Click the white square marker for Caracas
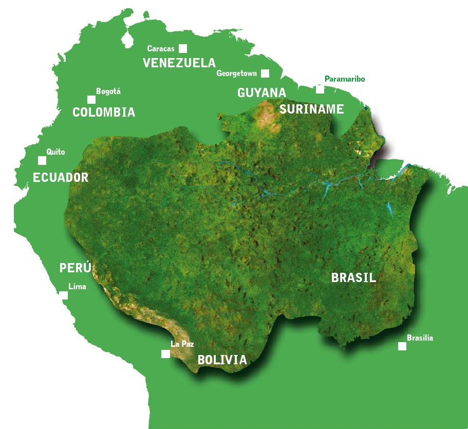183,49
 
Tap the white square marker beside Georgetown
265,73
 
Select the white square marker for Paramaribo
320,89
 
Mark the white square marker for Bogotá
91,100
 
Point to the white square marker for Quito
42,160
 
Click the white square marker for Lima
64,295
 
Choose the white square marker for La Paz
165,354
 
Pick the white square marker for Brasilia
402,346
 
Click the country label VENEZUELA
179,63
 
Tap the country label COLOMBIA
104,113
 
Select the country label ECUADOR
61,178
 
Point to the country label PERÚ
76,268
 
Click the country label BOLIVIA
222,360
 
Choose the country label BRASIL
354,278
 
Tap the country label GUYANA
261,93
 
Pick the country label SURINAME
312,109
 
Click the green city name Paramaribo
345,79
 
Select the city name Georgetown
236,73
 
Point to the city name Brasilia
420,338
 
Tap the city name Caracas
161,49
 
